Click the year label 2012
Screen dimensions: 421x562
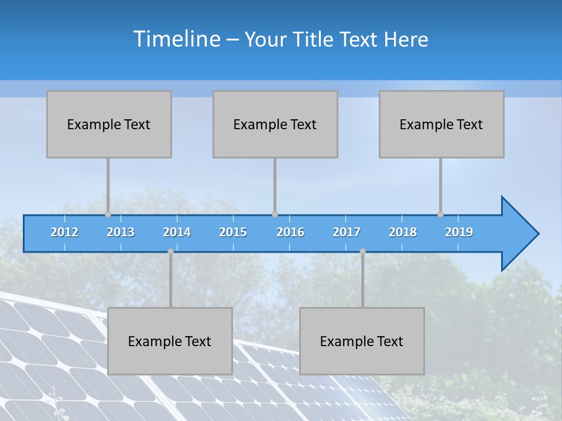coord(64,232)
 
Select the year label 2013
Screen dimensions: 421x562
coord(121,232)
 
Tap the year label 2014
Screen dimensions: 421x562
coord(177,232)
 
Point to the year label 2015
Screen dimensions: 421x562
coord(233,232)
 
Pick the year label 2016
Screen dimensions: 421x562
coord(290,232)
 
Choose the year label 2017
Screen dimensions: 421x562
coord(347,232)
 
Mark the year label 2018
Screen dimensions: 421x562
coord(403,232)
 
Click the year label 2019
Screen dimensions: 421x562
coord(459,232)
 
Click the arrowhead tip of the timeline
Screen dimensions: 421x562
coord(537,234)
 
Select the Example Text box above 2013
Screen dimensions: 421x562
coord(109,124)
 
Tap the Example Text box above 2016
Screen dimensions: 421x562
coord(275,124)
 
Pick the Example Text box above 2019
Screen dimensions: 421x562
coord(441,124)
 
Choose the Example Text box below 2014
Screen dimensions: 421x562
coord(170,341)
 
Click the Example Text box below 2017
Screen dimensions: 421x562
coord(362,341)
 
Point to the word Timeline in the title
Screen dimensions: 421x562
coord(176,39)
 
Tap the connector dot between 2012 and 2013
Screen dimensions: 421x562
coord(108,215)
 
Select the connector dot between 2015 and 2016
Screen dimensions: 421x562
coord(275,215)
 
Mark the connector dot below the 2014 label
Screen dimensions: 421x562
coord(170,251)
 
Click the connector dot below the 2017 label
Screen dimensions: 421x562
coord(362,251)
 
